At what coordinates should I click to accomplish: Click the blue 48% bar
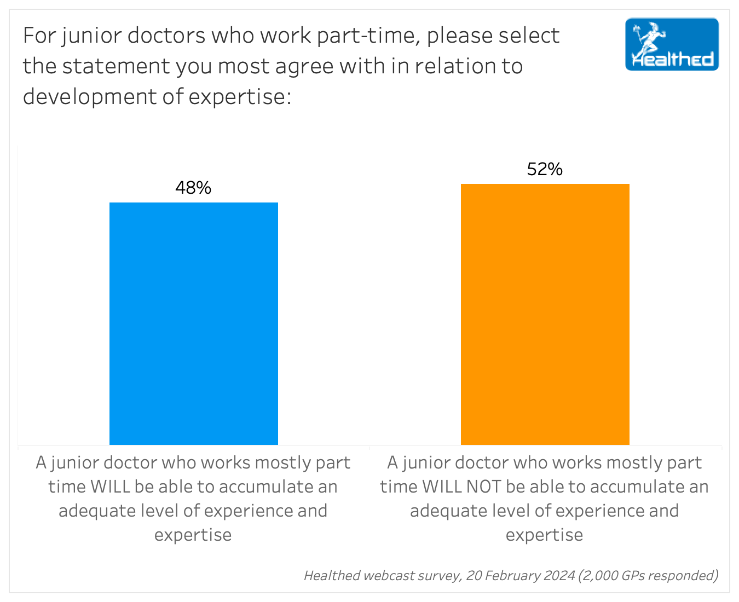coord(194,323)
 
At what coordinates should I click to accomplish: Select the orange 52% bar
coord(545,314)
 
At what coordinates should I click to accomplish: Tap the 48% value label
coord(193,188)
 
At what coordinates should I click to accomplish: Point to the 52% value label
coord(545,169)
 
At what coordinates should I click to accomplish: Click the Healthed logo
coord(672,45)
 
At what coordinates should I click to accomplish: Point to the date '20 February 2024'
coord(520,575)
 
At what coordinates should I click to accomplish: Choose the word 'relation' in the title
coord(451,66)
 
